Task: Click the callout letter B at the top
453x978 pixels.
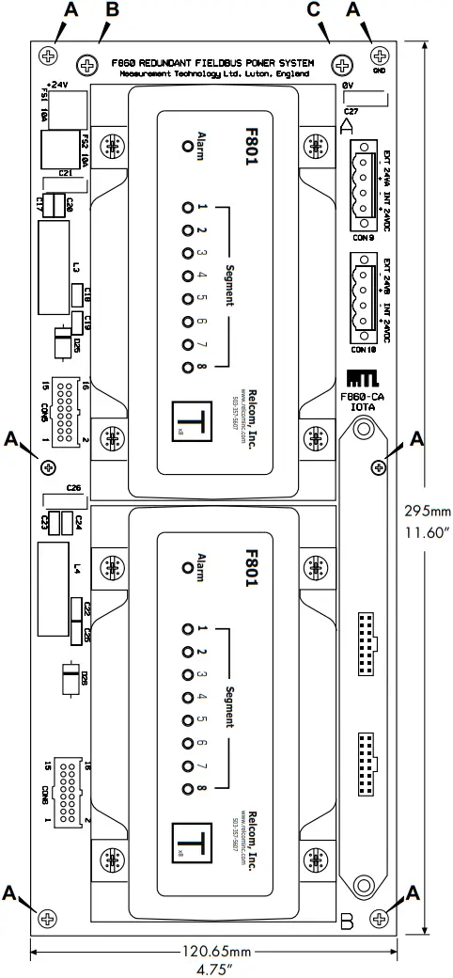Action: [112, 10]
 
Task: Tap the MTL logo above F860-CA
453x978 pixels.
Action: [363, 378]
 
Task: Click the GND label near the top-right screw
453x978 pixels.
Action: [381, 71]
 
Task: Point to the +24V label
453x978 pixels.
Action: [59, 83]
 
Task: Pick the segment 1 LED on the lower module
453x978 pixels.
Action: [188, 629]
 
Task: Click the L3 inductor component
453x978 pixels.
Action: [54, 270]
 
